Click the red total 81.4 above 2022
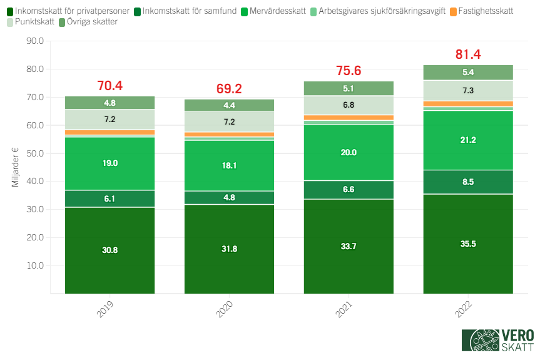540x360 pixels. [468, 54]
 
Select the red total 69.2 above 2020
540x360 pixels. [229, 89]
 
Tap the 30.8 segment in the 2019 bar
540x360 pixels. [110, 250]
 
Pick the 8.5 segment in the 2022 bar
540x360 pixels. [468, 182]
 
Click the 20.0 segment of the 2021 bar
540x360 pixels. [349, 152]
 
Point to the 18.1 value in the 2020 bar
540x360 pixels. [229, 165]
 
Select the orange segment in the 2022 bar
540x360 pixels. [468, 103]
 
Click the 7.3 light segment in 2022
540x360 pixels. [468, 90]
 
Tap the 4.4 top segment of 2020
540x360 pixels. [229, 105]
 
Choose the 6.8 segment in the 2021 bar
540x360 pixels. [349, 105]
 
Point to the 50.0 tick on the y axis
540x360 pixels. [34, 153]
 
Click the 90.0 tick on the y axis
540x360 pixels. [34, 41]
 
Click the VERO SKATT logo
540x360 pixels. [497, 341]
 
